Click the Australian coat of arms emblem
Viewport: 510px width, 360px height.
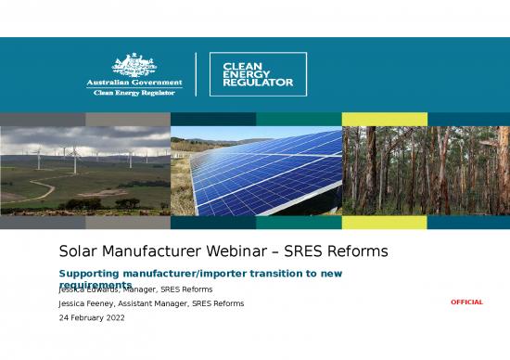[x=134, y=65]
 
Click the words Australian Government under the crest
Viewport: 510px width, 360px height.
[x=134, y=83]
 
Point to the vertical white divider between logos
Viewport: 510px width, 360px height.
[x=196, y=74]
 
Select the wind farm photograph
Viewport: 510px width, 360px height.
[x=85, y=171]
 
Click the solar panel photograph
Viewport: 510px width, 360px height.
[x=256, y=171]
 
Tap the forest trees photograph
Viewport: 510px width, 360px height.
[x=426, y=171]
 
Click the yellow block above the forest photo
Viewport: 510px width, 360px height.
[x=384, y=119]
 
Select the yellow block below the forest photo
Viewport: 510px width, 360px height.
[x=384, y=223]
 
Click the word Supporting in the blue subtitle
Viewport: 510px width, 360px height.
[x=91, y=274]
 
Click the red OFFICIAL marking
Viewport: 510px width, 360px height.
[x=466, y=302]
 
